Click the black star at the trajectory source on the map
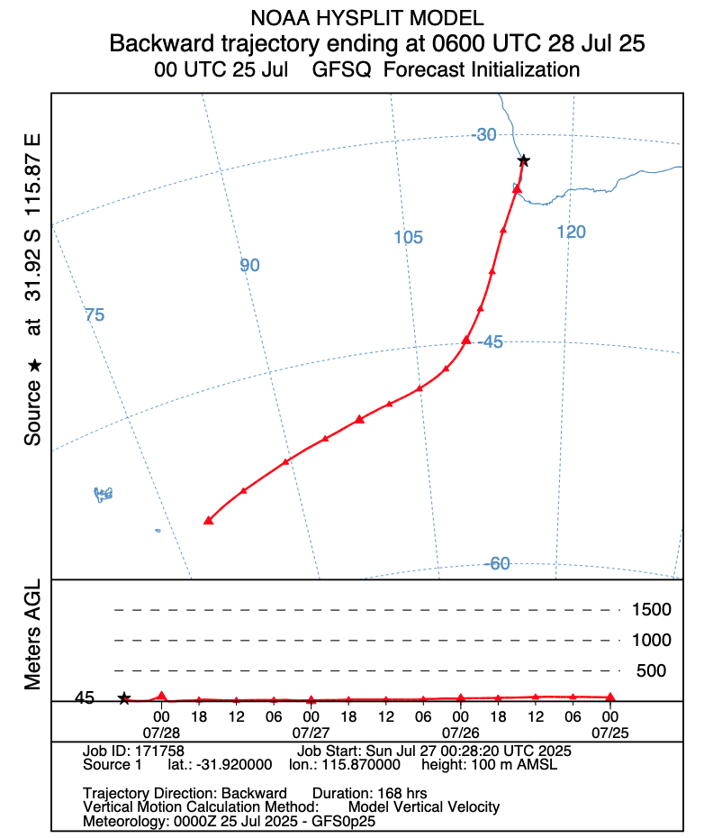(x=523, y=160)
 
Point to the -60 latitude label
(x=497, y=564)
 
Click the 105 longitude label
(x=408, y=238)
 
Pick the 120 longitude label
(x=571, y=232)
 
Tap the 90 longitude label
(x=249, y=266)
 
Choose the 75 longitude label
(x=95, y=315)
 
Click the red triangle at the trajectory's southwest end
(x=208, y=521)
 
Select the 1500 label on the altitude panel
(x=650, y=610)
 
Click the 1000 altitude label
(x=650, y=641)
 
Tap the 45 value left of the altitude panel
(x=85, y=698)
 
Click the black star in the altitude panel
(x=124, y=698)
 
